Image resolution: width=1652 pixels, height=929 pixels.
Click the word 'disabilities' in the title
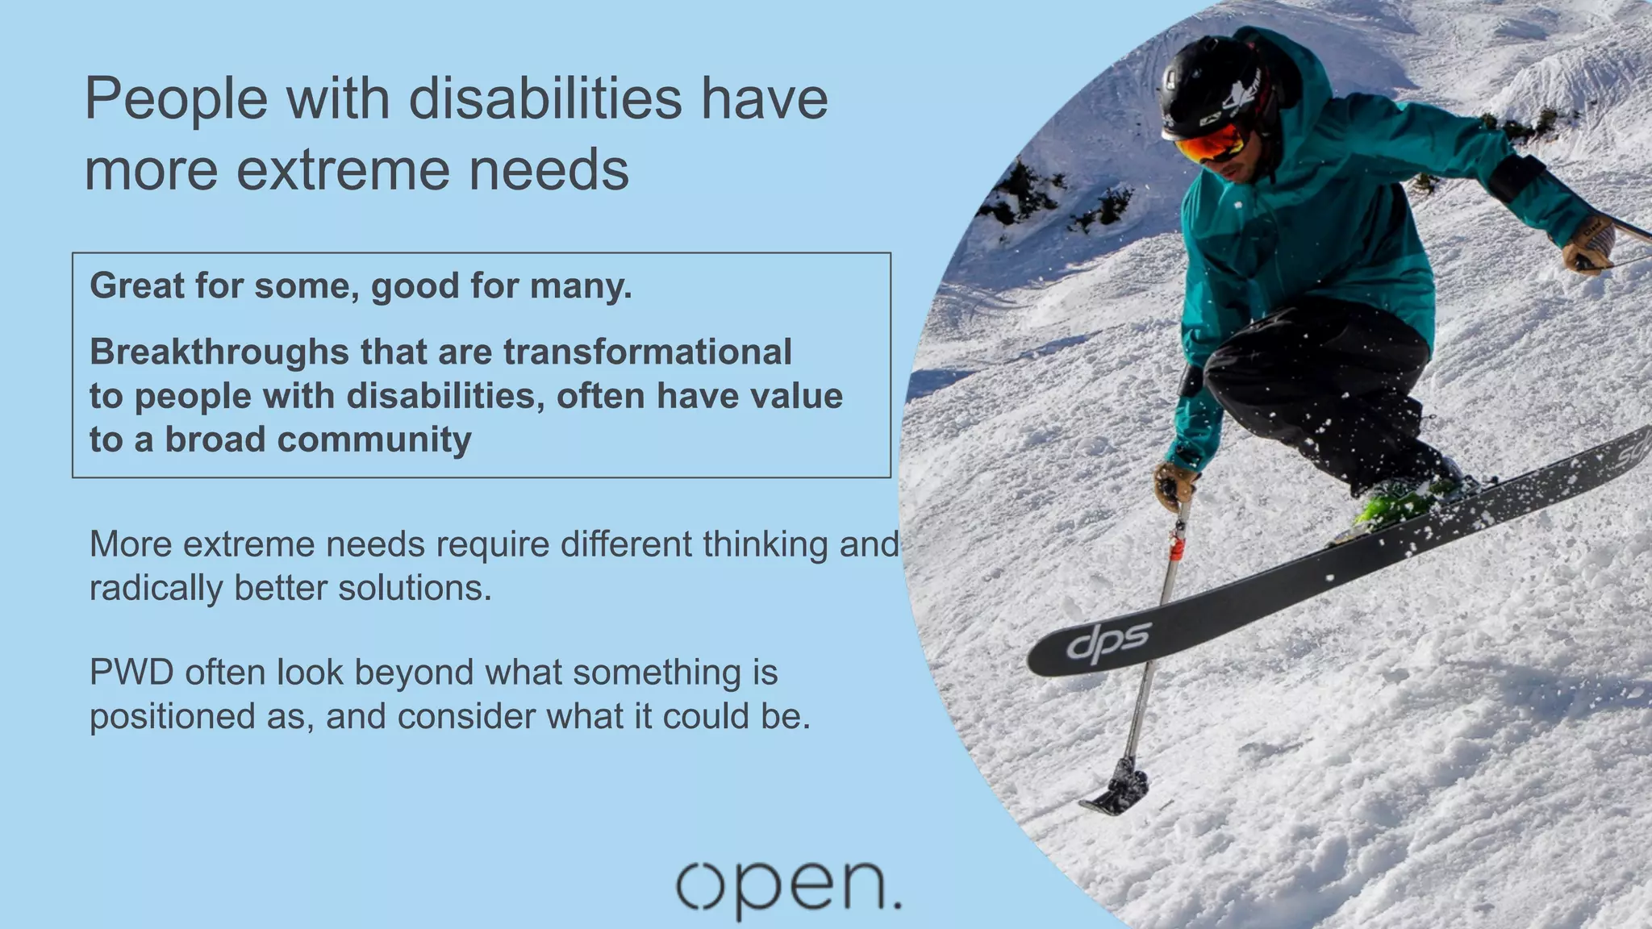545,98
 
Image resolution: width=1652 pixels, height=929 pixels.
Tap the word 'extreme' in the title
342,170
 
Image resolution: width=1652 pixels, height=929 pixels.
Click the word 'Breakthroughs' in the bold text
219,352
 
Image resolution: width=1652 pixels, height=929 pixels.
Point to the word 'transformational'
648,352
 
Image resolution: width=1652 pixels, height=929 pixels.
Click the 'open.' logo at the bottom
788,888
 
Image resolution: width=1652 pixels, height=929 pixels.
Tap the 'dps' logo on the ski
1108,644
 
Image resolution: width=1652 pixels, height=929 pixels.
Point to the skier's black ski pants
1323,387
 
